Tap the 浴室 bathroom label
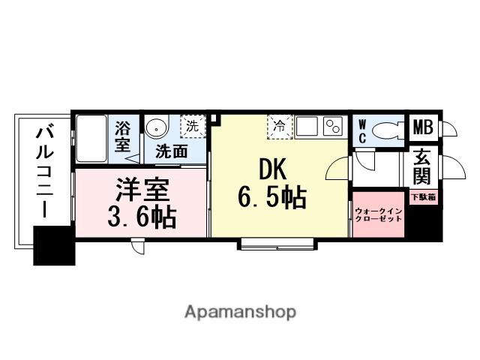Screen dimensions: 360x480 (122, 135)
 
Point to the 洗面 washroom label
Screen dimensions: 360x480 (171, 150)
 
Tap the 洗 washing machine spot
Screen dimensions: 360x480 (193, 125)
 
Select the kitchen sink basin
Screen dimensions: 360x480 (306, 127)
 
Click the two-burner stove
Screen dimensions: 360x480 (332, 127)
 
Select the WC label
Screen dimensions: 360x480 (361, 131)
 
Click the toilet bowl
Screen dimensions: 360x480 (386, 130)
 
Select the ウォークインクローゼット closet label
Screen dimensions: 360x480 (379, 215)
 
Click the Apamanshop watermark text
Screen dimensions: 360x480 (239, 311)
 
